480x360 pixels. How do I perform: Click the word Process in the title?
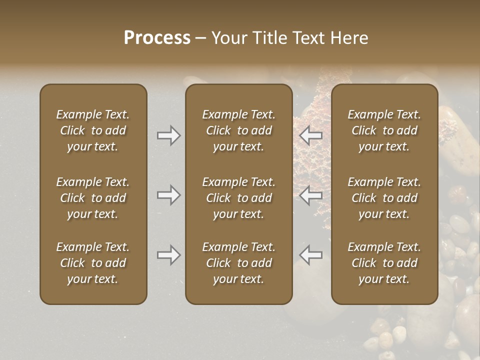(x=157, y=37)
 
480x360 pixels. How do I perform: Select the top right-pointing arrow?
(x=168, y=135)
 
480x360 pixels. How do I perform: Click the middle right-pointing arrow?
(x=168, y=195)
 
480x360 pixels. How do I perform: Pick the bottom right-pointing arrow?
(x=168, y=255)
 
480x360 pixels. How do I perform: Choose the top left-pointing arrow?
(x=311, y=135)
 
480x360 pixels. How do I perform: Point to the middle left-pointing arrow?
(x=311, y=195)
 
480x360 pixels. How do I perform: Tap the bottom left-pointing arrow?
(x=311, y=255)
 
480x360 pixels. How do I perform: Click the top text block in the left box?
(x=93, y=130)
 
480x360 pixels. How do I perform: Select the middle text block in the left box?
(x=93, y=198)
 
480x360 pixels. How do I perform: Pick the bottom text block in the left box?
(x=93, y=263)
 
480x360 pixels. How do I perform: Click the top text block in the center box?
(x=238, y=130)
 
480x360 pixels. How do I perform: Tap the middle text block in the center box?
(x=238, y=198)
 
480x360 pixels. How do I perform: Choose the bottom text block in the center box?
(x=238, y=263)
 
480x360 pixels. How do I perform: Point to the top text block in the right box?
(x=384, y=130)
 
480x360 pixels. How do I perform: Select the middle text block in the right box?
(x=384, y=198)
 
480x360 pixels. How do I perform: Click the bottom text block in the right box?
(x=384, y=263)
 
